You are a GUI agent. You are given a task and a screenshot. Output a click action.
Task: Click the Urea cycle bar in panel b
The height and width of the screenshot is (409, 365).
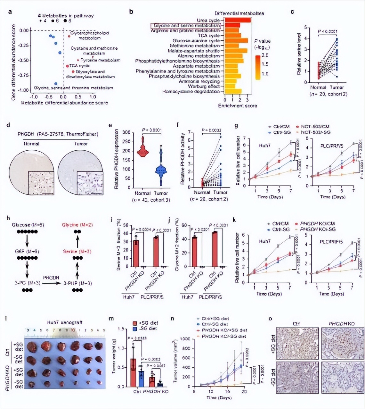point(238,21)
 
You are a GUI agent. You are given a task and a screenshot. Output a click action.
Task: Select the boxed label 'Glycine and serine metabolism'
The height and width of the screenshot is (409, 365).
point(187,26)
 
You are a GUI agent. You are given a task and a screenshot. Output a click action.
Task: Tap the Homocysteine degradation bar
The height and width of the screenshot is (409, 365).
point(233,92)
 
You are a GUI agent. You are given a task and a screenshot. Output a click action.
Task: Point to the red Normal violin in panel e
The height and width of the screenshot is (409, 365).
point(142,149)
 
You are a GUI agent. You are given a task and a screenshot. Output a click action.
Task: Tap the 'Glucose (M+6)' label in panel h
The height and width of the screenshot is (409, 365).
point(28,225)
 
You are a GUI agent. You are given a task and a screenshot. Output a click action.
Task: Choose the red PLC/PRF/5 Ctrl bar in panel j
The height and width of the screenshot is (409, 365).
point(215,249)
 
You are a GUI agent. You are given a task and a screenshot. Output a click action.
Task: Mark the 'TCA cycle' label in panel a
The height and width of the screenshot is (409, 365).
point(79,66)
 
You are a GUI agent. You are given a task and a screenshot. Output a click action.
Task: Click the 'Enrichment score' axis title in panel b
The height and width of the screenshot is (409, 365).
point(238,105)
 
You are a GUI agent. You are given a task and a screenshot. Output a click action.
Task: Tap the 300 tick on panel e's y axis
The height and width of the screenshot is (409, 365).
point(127,132)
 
